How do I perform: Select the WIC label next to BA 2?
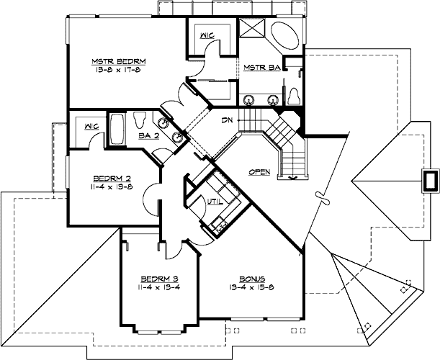(91, 127)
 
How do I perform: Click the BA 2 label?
(149, 135)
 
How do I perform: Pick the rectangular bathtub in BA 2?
(117, 130)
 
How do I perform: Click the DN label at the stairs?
(227, 120)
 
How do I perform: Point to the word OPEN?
(260, 172)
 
